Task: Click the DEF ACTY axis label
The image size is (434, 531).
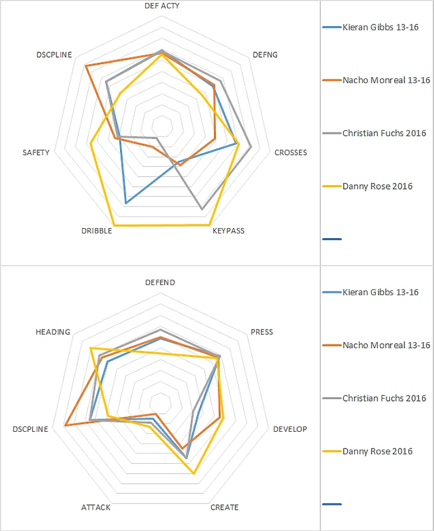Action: point(162,5)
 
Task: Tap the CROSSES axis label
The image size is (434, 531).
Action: point(290,153)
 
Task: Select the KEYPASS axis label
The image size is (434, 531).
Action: point(228,230)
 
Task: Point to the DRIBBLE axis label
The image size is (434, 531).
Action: point(96,230)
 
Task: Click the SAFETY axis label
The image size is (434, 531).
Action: point(36,153)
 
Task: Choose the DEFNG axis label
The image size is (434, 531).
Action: point(265,55)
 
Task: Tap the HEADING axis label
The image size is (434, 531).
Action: point(52,332)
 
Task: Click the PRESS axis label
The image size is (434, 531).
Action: point(262,332)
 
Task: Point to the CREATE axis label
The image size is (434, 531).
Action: point(225,507)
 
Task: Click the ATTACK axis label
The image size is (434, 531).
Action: point(95,507)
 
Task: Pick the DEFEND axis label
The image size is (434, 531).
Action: point(161,283)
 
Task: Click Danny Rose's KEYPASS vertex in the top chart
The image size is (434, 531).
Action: point(209,225)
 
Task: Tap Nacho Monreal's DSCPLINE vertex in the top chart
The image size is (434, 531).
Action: point(86,65)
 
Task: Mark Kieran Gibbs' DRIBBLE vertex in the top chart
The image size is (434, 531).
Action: point(126,203)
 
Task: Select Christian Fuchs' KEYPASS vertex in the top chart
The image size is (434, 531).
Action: point(202,209)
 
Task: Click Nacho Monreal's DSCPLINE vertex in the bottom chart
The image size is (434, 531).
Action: point(65,425)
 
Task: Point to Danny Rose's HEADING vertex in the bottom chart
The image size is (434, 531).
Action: point(90,348)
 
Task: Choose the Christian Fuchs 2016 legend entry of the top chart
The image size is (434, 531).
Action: point(384,133)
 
